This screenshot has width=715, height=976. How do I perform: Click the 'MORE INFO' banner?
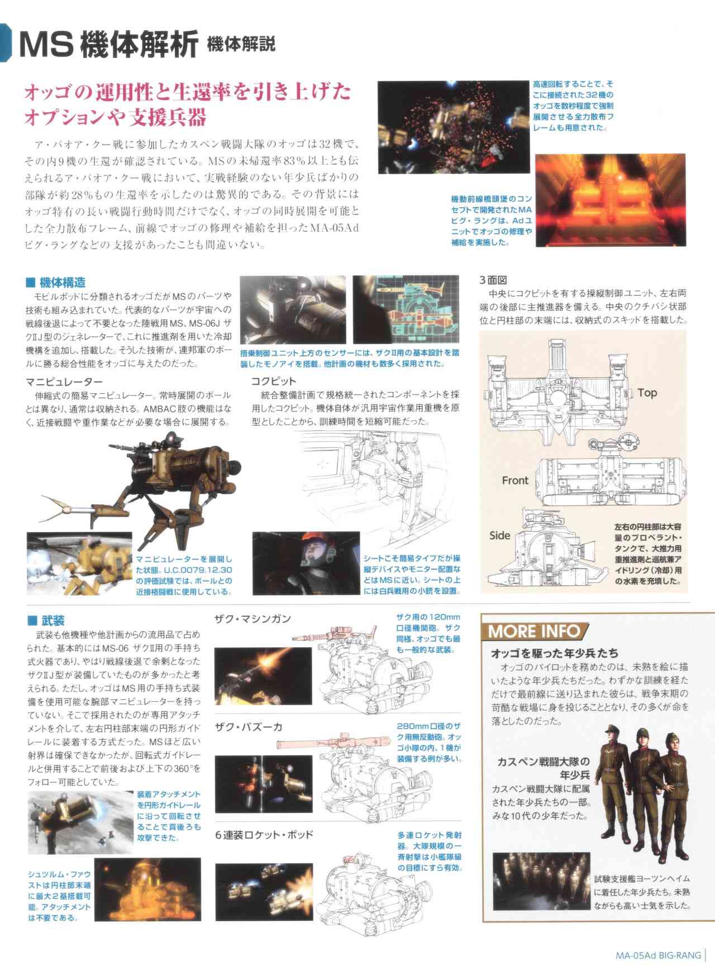(533, 631)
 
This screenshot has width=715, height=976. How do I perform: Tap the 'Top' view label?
(647, 393)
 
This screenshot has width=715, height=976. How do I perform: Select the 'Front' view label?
(514, 480)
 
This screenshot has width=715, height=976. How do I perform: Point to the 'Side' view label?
(499, 535)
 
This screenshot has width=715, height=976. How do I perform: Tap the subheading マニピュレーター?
(64, 382)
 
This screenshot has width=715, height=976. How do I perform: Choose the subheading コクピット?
(274, 381)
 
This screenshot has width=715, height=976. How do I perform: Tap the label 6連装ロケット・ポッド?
(264, 835)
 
